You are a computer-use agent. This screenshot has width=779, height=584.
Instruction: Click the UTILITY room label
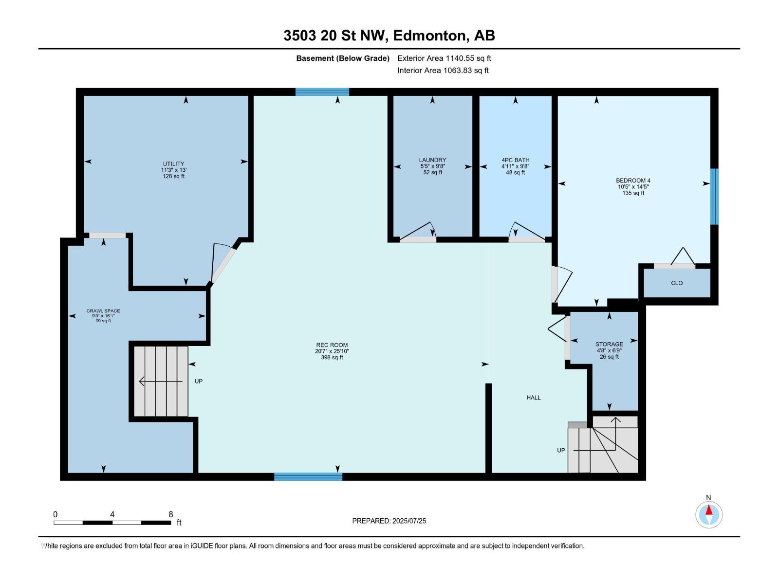point(173,164)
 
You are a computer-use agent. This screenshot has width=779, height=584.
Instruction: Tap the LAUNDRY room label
point(432,160)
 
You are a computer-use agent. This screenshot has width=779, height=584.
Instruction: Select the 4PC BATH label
point(515,160)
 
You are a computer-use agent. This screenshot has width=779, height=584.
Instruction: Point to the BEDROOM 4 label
point(633,181)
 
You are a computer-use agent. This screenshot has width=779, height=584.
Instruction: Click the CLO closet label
point(677,283)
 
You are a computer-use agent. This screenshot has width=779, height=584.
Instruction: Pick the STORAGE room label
point(609,344)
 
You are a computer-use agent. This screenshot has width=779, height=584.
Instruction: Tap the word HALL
point(534,398)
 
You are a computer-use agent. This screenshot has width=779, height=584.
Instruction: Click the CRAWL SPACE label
point(103,310)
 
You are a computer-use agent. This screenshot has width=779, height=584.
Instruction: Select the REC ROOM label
point(332,345)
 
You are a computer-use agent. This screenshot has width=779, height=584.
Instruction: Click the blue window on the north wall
point(322,92)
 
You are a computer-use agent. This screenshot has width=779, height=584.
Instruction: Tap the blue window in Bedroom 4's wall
point(714,197)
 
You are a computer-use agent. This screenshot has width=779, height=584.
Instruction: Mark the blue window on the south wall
point(308,476)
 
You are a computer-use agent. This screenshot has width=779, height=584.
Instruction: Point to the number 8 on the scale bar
point(171,514)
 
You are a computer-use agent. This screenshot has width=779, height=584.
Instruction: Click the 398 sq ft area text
point(332,357)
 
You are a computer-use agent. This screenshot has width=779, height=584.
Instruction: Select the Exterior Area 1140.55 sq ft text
point(444,58)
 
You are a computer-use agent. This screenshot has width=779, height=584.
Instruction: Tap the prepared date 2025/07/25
point(409,521)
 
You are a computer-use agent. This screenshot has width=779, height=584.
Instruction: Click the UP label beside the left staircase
point(198,381)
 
